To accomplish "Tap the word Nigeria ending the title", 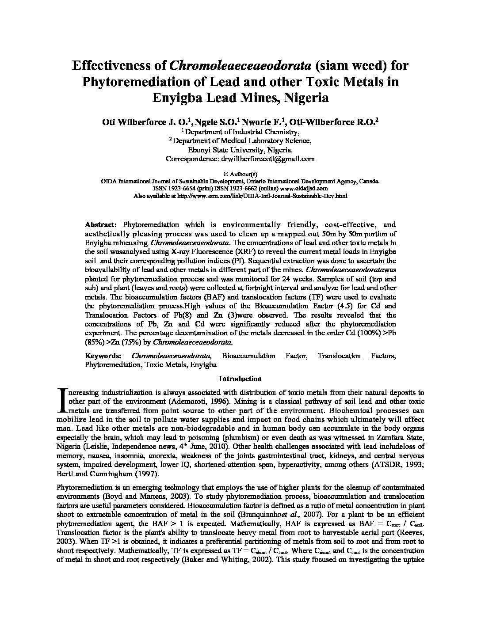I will point(305,97).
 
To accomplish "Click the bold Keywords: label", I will point(103,356).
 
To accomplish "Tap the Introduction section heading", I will point(240,379).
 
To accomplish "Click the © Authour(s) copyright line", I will point(240,174).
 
